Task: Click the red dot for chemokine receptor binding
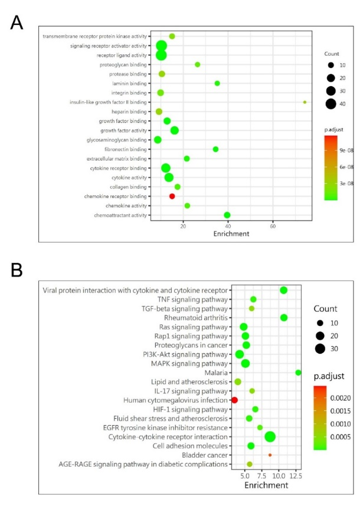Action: [x=172, y=196]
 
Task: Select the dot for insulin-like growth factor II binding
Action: [x=305, y=102]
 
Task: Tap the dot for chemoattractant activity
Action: [x=227, y=215]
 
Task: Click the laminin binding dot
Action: [x=217, y=83]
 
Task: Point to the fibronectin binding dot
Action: [x=215, y=149]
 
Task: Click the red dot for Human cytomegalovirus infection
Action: [x=234, y=400]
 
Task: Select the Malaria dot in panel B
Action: [x=299, y=373]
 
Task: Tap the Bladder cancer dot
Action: [x=270, y=455]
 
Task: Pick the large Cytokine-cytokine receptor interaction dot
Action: [x=270, y=437]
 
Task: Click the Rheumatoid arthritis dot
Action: [x=284, y=318]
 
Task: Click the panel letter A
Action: [x=17, y=23]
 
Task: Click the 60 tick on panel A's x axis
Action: [x=273, y=226]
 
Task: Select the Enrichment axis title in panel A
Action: [x=233, y=234]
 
